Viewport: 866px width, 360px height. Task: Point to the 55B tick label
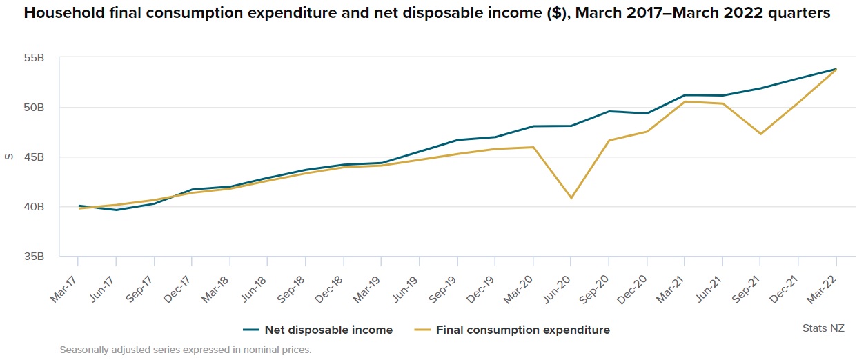(35, 59)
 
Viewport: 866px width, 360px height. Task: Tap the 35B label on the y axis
(35, 257)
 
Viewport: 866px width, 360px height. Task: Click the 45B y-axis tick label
(35, 157)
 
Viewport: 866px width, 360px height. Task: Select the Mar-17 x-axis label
(66, 284)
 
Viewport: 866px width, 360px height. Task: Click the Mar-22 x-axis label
(824, 284)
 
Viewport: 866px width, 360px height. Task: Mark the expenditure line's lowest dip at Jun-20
(571, 198)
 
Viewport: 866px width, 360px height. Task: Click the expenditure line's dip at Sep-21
(760, 134)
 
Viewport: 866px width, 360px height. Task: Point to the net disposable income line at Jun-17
(116, 210)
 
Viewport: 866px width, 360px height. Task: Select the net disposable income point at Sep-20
(609, 111)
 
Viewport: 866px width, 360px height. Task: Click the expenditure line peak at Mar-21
(685, 101)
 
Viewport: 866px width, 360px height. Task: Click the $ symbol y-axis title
(9, 157)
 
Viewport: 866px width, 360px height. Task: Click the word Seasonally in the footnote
(85, 350)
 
